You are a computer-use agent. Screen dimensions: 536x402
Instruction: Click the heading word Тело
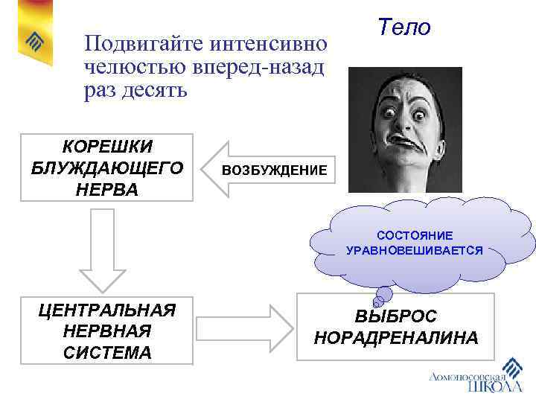(x=404, y=28)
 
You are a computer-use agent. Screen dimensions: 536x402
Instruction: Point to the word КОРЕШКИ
(x=106, y=147)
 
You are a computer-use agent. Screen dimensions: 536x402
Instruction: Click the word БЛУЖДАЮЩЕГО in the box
(x=106, y=167)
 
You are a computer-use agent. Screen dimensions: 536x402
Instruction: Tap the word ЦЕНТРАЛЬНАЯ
(x=106, y=310)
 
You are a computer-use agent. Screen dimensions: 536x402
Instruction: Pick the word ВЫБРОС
(x=395, y=316)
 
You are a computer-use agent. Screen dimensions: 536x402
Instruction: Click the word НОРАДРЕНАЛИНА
(x=395, y=338)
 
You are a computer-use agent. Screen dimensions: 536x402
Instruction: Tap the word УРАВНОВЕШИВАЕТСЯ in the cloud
(x=414, y=251)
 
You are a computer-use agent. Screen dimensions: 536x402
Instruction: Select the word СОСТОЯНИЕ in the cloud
(x=414, y=235)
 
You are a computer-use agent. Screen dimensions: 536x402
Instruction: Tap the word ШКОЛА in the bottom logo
(x=494, y=386)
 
